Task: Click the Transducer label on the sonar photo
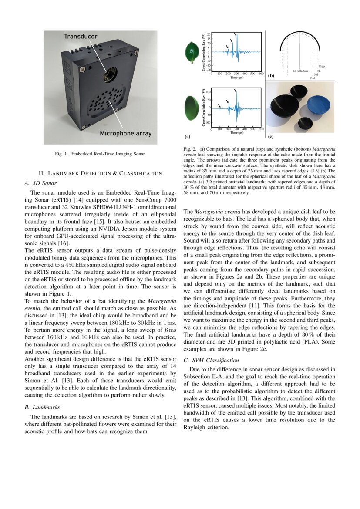tap(81, 37)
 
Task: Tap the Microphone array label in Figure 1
tap(125, 133)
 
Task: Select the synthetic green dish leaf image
tap(192, 106)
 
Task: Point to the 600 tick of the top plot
tap(261, 74)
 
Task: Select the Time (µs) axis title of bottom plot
tap(237, 132)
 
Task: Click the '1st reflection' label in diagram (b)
tap(300, 71)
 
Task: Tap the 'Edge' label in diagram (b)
tap(322, 66)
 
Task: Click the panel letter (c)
tap(270, 137)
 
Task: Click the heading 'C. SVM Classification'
tap(211, 360)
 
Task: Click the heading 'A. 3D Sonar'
tap(41, 183)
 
